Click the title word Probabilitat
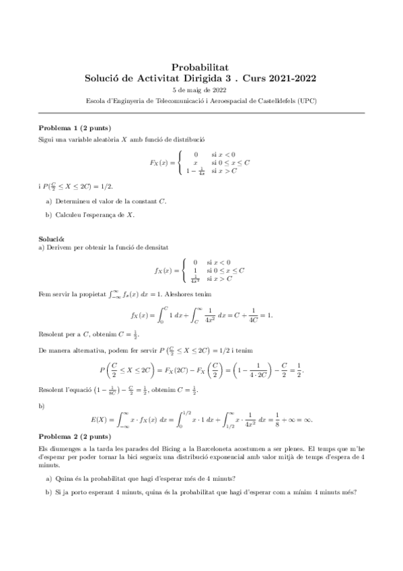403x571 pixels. pyautogui.click(x=201, y=67)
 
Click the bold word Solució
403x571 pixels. pyautogui.click(x=51, y=239)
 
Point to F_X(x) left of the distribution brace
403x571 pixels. pyautogui.click(x=162, y=163)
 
